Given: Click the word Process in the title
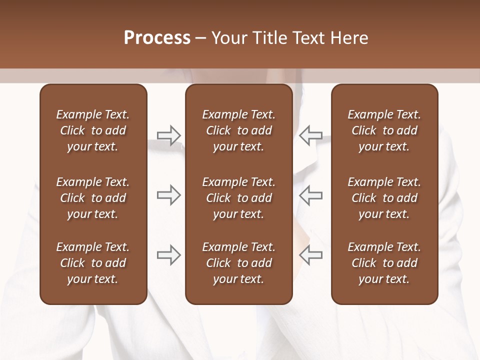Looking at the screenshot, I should [x=157, y=38].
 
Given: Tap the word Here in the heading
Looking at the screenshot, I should [x=348, y=38].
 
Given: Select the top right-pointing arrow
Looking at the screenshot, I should [x=168, y=135].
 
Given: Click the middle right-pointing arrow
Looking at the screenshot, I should [x=168, y=195].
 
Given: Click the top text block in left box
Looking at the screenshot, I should [x=93, y=130].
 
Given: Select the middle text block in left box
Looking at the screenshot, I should [x=93, y=198].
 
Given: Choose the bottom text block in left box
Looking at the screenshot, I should [x=93, y=263].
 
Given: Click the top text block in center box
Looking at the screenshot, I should [x=238, y=130].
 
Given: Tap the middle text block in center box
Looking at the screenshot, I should [x=238, y=198].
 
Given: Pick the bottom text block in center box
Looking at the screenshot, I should [x=238, y=263].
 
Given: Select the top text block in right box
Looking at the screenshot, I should [x=384, y=130].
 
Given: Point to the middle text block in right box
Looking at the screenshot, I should [x=384, y=198].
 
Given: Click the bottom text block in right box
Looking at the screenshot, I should [x=384, y=263].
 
